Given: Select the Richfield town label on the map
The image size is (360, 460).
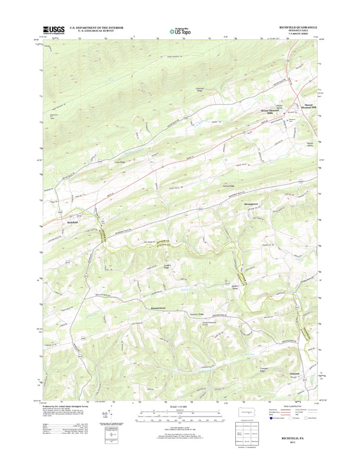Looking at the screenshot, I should (x=72, y=222).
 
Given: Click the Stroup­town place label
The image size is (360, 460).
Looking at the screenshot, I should (x=253, y=205).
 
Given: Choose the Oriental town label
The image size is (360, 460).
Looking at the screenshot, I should (x=294, y=374).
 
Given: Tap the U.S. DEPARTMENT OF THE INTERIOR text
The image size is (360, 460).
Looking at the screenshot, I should (x=97, y=28).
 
